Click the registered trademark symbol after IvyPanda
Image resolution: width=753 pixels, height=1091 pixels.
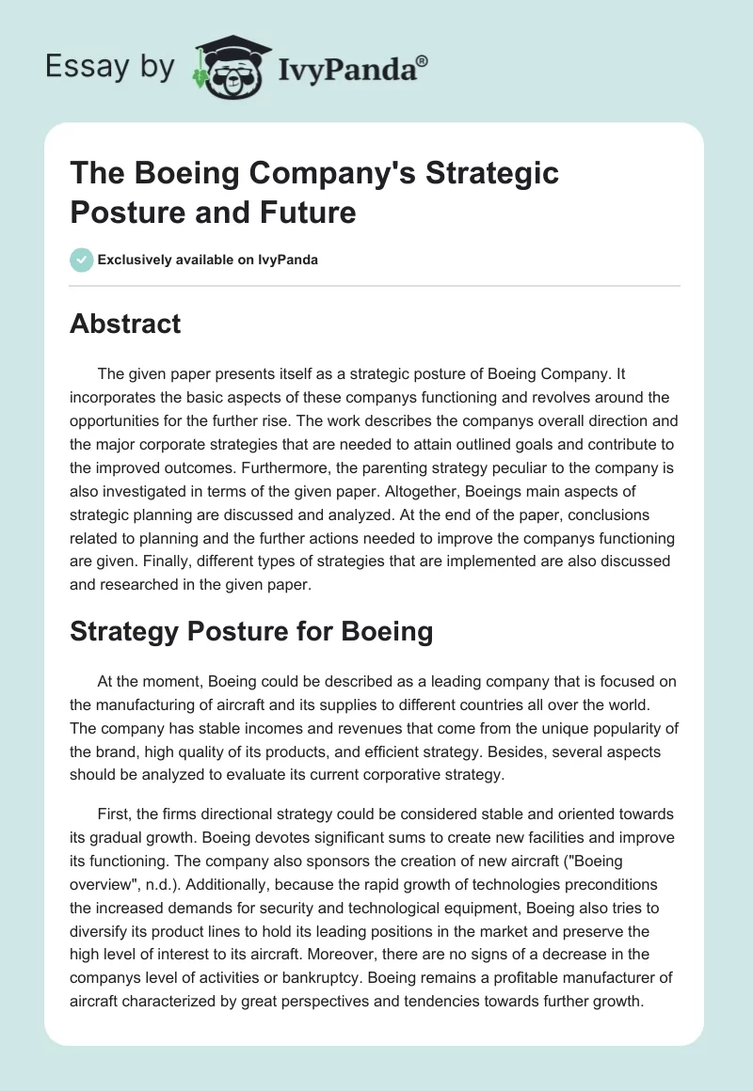[x=423, y=61]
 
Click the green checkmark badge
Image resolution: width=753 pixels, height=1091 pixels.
[x=82, y=260]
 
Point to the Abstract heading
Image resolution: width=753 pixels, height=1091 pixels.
[x=126, y=324]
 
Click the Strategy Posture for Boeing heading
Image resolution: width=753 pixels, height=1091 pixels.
[x=251, y=631]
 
